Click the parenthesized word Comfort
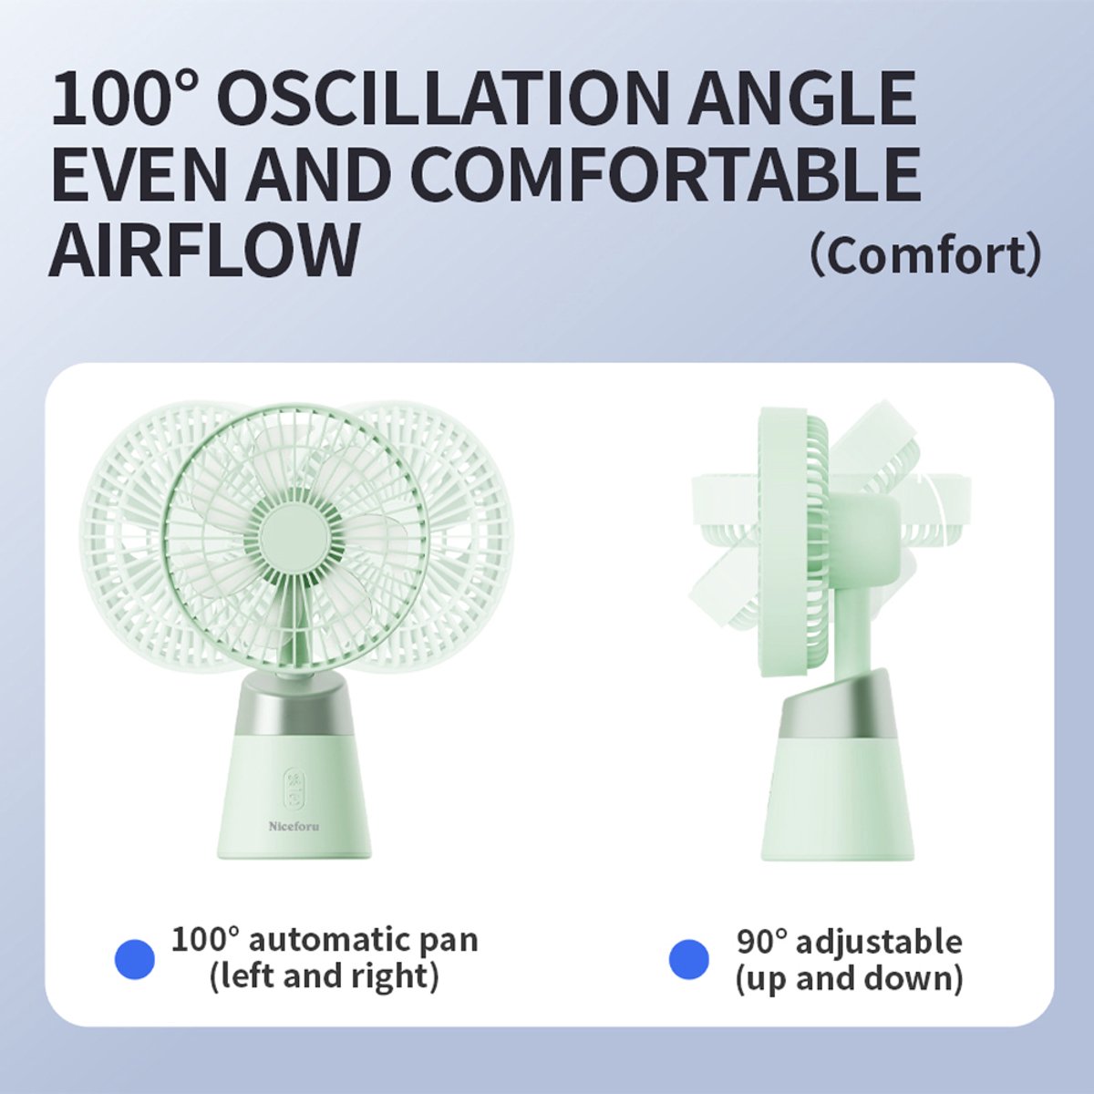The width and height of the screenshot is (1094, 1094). click(926, 256)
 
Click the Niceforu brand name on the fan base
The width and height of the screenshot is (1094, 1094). click(294, 826)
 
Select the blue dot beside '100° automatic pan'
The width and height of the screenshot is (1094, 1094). click(135, 958)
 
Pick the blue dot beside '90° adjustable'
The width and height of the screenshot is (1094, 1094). click(689, 958)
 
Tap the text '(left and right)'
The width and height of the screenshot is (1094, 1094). click(325, 977)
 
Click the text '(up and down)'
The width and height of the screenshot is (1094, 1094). click(850, 979)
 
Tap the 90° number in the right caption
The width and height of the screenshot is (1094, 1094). click(762, 941)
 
